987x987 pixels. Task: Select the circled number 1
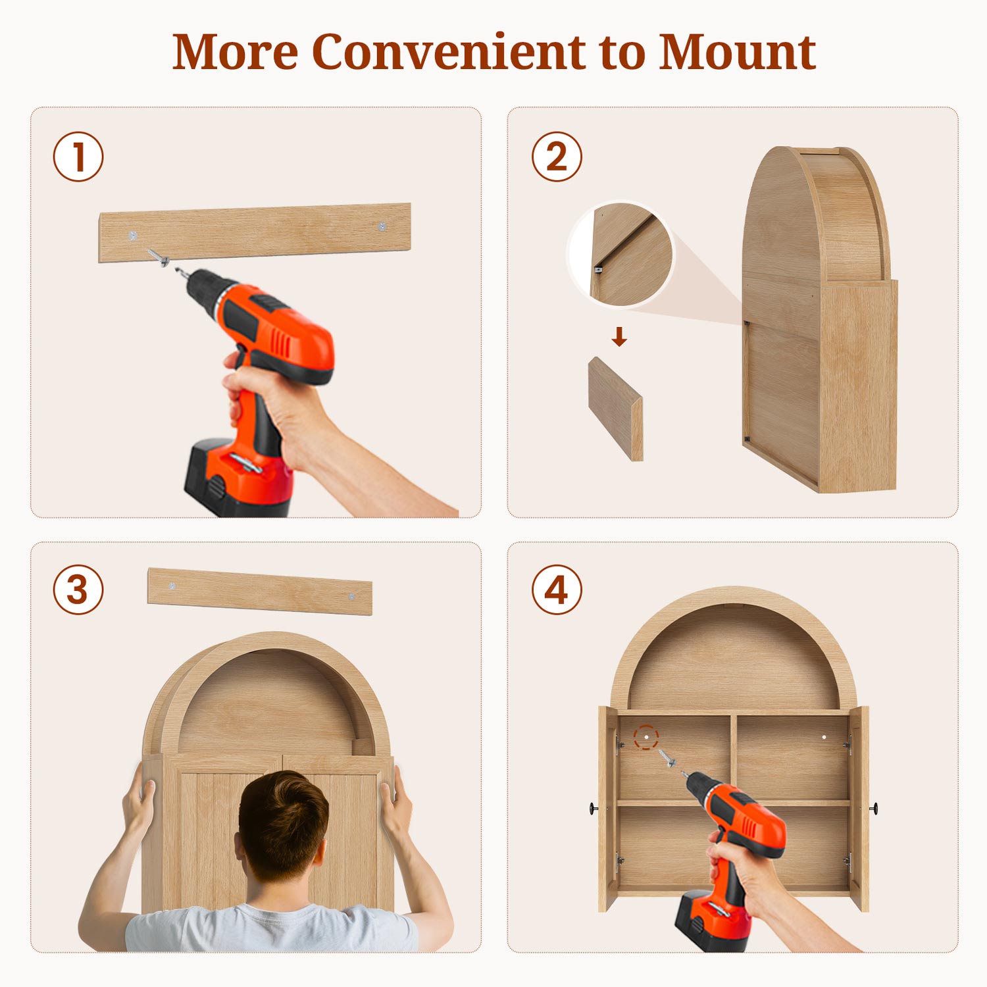[78, 157]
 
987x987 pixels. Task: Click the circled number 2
[557, 157]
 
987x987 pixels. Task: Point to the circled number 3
[78, 590]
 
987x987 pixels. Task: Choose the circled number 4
[557, 590]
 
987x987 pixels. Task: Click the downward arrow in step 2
[619, 337]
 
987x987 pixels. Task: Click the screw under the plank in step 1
[158, 257]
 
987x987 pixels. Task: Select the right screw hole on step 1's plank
[382, 227]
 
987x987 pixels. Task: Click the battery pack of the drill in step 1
[237, 477]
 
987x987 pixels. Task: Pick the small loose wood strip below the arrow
[616, 409]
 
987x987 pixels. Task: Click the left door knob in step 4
[594, 808]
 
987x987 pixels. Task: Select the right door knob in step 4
[873, 808]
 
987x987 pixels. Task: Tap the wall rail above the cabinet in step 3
[260, 591]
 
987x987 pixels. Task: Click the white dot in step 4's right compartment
[824, 738]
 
